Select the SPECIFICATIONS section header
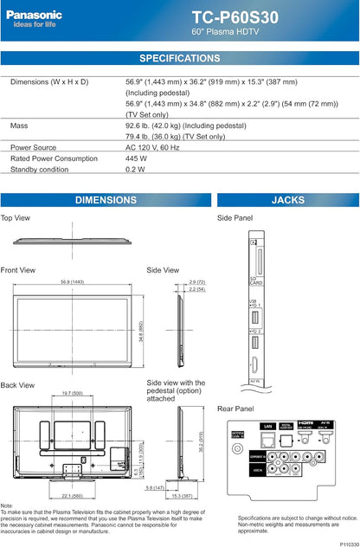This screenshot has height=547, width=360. pos(180,58)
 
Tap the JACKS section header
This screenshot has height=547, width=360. pos(287,200)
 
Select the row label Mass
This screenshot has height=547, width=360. pos(19,125)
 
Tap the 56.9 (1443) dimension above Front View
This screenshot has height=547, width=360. pos(72,282)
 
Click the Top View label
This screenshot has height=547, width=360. pos(16,218)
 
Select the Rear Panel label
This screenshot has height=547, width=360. pos(235,409)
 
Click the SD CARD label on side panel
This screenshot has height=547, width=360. pos(254,280)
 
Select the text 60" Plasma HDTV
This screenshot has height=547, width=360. pos(225,32)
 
